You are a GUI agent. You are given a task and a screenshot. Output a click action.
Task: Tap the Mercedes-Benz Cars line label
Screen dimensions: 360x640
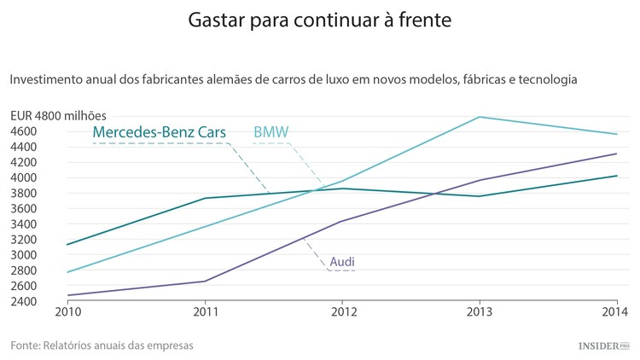click(160, 132)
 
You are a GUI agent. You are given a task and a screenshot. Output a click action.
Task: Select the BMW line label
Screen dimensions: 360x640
click(271, 132)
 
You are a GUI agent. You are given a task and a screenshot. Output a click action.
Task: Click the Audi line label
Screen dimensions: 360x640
click(342, 261)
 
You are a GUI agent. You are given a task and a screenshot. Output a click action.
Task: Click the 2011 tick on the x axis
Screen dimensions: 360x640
click(204, 311)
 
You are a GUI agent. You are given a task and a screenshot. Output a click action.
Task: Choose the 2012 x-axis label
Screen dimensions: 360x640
click(342, 311)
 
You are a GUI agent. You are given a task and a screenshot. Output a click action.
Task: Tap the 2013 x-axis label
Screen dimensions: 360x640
click(480, 311)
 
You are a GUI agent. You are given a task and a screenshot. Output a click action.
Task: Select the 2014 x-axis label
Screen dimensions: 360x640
click(617, 311)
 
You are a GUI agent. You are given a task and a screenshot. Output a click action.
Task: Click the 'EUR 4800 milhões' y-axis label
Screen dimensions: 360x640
click(60, 115)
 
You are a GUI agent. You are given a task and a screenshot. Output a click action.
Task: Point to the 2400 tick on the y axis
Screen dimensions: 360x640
click(23, 301)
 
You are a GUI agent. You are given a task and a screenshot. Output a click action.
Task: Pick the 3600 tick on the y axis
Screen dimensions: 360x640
click(23, 208)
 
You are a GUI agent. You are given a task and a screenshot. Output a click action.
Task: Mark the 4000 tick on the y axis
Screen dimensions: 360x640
click(23, 177)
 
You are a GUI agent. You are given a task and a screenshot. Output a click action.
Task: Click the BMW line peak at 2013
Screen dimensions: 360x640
click(480, 117)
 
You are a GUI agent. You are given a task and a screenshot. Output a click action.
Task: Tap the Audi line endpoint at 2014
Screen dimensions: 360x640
click(617, 154)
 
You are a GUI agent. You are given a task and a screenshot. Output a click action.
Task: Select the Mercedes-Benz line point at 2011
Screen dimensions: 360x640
click(204, 198)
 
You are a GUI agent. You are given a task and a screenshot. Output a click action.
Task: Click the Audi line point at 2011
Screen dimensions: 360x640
click(204, 281)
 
